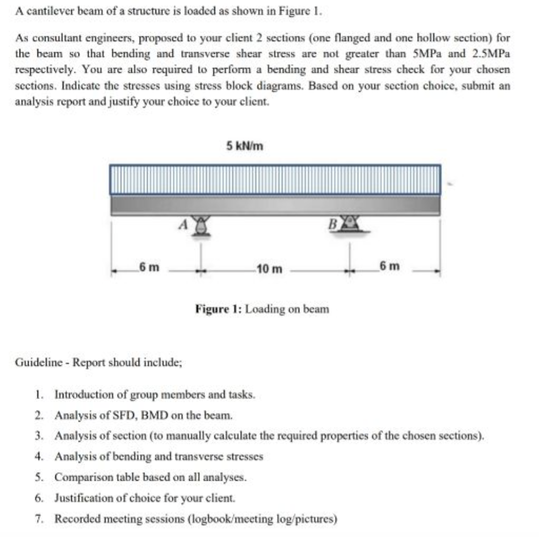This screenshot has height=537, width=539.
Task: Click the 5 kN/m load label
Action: coord(244,146)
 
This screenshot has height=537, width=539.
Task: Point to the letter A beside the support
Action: coord(183,224)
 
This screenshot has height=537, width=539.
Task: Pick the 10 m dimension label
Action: coord(269,269)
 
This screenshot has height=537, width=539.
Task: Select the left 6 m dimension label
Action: coord(149,267)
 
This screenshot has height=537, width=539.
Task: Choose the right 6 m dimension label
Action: coord(389,266)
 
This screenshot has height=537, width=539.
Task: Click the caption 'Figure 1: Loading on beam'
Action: coord(262,309)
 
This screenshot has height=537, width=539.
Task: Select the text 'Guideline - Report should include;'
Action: coord(98,362)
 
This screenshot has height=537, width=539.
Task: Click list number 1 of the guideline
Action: coord(38,395)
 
